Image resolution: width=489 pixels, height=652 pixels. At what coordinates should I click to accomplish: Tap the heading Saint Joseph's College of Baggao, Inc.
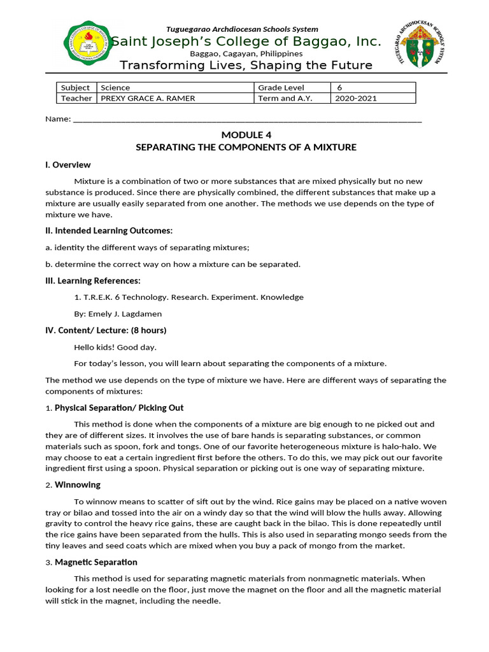[246, 42]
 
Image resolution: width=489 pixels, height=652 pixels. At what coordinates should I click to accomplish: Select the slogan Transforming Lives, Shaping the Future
[246, 66]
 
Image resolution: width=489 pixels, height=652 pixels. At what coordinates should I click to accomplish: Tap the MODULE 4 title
[246, 134]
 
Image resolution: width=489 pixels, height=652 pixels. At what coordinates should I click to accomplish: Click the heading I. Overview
[67, 165]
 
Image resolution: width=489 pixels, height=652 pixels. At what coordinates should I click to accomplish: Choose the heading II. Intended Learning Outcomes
[109, 230]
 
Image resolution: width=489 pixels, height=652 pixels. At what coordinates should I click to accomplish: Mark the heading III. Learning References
[93, 281]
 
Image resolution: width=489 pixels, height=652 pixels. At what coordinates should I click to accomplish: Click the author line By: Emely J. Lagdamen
[118, 314]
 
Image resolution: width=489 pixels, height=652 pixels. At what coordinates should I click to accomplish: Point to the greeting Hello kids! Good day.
[115, 347]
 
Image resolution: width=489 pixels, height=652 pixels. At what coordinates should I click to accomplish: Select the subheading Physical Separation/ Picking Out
[119, 407]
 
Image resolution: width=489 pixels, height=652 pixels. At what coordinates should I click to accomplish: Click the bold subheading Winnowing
[78, 485]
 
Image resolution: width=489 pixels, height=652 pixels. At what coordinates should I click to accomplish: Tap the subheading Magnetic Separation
[96, 562]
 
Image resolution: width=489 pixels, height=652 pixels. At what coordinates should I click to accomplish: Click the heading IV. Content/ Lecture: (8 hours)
[106, 330]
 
